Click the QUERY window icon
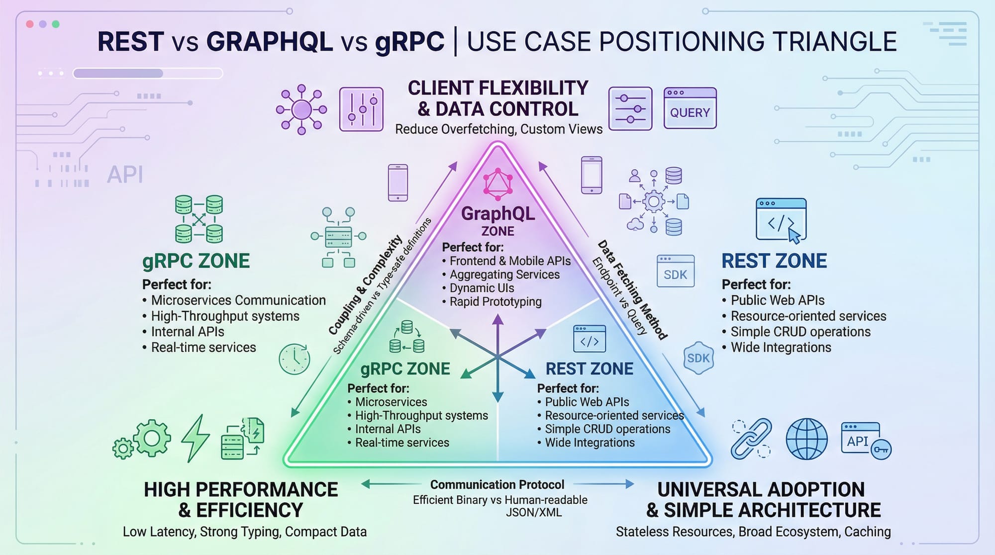tap(690, 108)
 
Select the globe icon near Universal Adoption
tap(806, 439)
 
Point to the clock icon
tap(295, 359)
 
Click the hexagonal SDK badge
tap(698, 358)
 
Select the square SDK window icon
tap(675, 271)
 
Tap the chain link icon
tap(751, 439)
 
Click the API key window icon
tap(865, 441)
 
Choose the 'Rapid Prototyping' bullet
tap(495, 301)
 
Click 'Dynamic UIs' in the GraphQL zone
tap(482, 288)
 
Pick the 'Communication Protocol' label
tap(497, 484)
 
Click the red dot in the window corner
tap(30, 24)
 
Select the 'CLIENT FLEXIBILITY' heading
tap(498, 88)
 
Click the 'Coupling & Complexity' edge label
tap(366, 285)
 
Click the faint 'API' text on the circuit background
tap(125, 175)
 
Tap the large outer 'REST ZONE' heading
tap(774, 261)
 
